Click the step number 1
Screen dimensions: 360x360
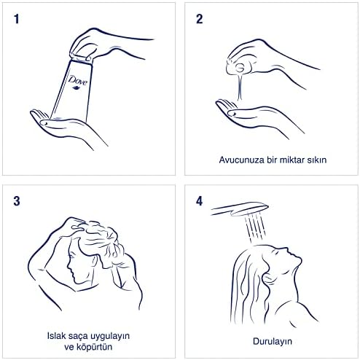(x=17, y=19)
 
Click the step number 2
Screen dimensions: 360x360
(x=199, y=19)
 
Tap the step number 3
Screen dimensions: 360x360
(x=17, y=201)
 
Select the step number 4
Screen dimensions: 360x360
(x=199, y=201)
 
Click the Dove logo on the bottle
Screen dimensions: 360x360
(x=78, y=82)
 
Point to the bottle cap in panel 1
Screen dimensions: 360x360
(x=81, y=58)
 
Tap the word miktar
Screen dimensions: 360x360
(x=293, y=160)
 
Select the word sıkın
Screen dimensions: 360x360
(x=318, y=160)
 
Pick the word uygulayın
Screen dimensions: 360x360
(x=110, y=337)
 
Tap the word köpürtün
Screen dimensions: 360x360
(x=94, y=347)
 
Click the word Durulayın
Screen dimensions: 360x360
(x=272, y=342)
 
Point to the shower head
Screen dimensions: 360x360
(x=240, y=209)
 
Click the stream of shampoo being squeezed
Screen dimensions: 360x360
(x=240, y=87)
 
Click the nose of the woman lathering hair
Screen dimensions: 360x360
(x=69, y=267)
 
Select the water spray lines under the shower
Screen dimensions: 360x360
(x=255, y=228)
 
